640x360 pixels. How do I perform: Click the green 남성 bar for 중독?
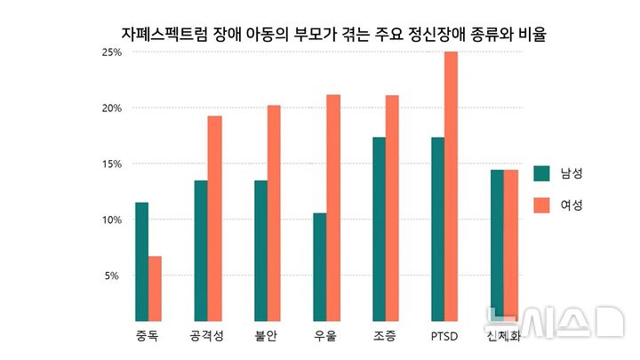141,261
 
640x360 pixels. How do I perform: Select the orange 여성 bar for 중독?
155,288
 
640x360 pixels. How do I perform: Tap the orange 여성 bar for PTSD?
452,186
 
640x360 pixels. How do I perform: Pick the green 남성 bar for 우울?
320,267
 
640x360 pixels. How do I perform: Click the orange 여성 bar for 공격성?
214,218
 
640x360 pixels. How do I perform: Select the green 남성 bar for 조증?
380,228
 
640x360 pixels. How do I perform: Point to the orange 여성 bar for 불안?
274,212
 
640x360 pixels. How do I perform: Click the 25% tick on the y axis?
111,52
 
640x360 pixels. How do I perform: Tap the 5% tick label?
114,276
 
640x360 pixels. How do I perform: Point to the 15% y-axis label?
111,164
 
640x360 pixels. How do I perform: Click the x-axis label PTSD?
444,337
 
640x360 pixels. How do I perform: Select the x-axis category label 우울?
325,337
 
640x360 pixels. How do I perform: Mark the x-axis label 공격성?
207,337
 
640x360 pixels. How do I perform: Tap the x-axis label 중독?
148,337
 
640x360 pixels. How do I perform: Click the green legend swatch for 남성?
541,173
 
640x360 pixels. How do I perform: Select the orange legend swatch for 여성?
541,205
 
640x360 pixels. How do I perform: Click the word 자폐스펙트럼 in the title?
164,36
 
